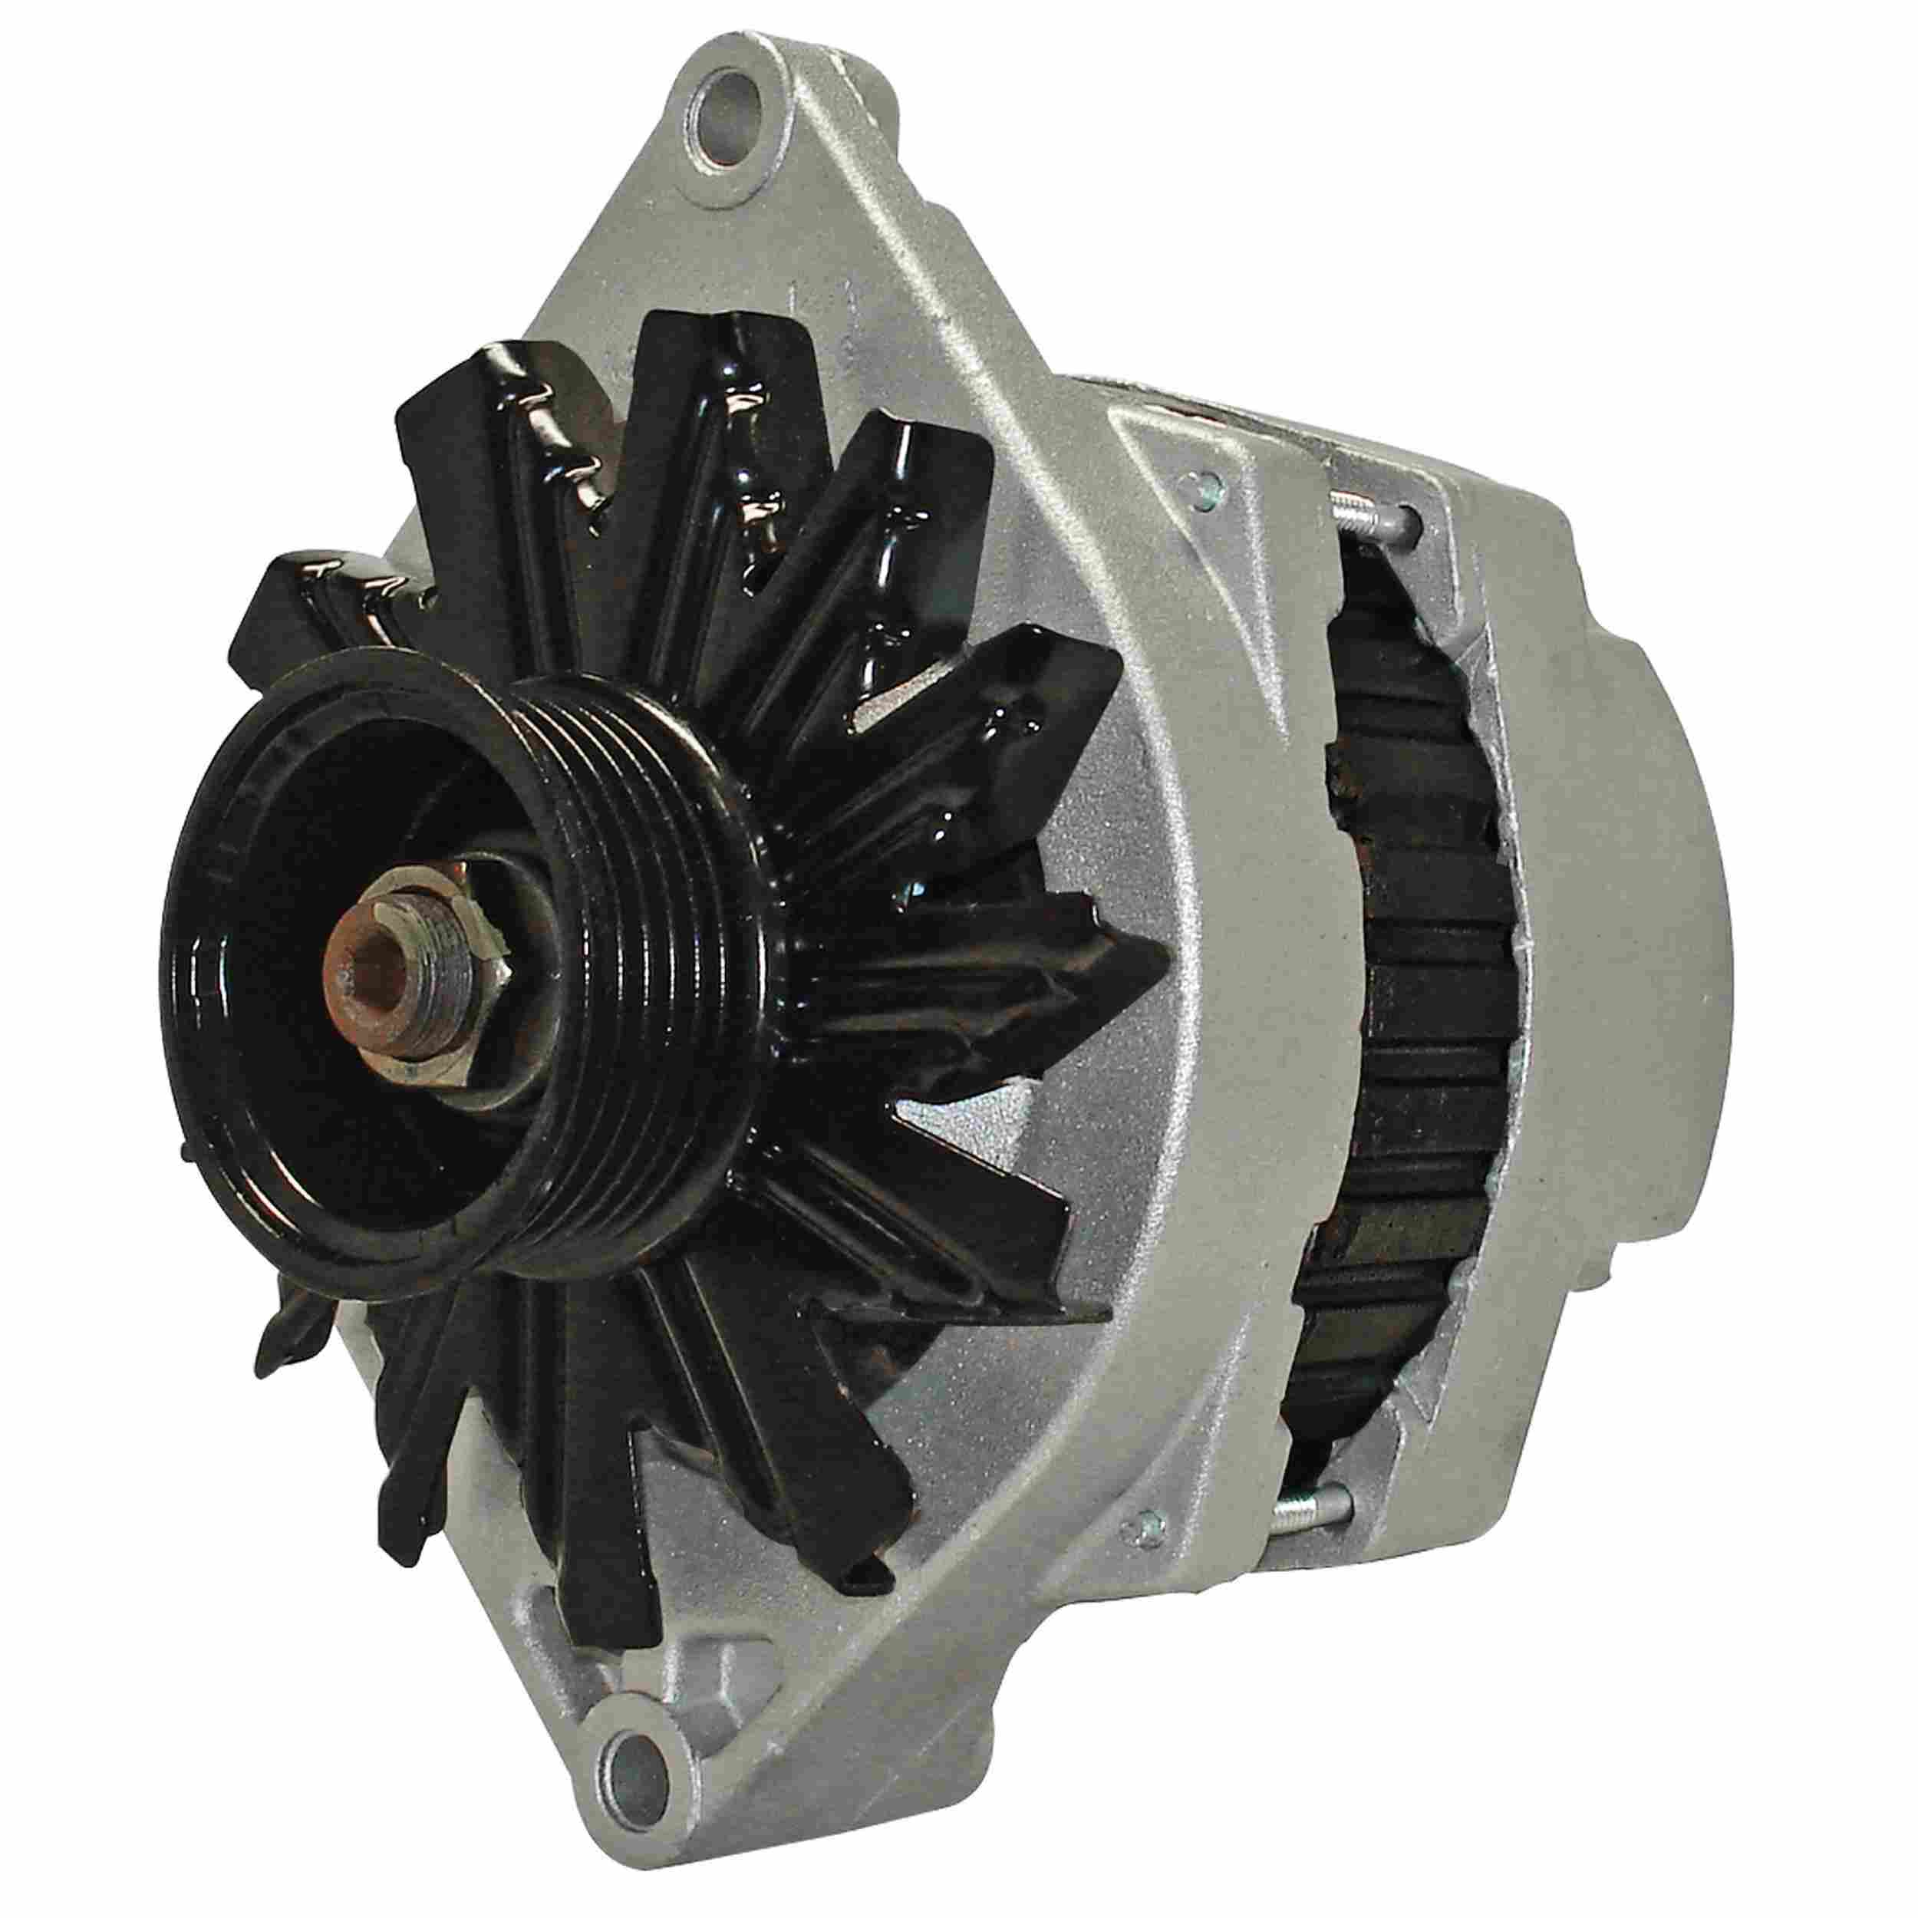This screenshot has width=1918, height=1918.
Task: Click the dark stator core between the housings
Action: pos(1409,993)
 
